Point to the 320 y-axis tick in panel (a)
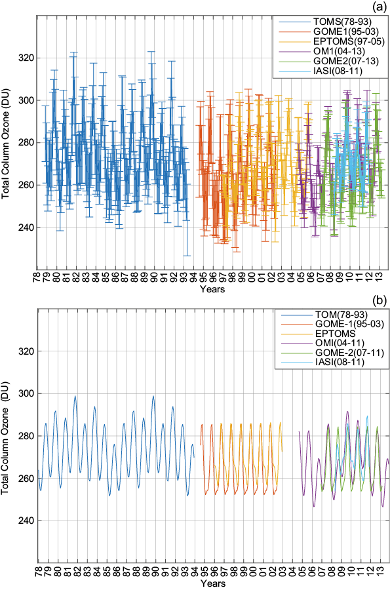click(x=26, y=58)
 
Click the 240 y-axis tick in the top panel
click(x=26, y=227)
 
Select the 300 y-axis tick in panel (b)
click(x=26, y=393)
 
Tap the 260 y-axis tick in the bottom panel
click(x=26, y=479)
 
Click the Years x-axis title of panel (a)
click(x=213, y=288)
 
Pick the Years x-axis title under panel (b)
click(x=213, y=583)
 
